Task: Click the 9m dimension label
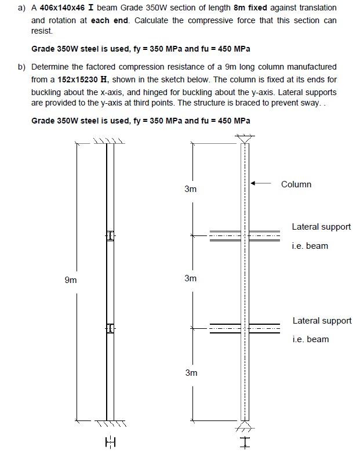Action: [70, 280]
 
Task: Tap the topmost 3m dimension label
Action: [191, 189]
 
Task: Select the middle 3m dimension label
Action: [191, 278]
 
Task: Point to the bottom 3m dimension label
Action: [191, 373]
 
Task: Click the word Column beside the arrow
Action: [296, 184]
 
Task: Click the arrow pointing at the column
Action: [261, 184]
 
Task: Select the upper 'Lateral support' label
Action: [321, 227]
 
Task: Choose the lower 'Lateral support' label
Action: [322, 321]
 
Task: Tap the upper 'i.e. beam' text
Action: [310, 246]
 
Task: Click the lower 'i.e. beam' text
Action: [310, 339]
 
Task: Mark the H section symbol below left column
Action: [110, 444]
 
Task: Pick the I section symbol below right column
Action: [245, 443]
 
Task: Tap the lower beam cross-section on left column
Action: [110, 329]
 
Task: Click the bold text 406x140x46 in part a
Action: [64, 8]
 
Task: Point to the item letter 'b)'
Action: [21, 67]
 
